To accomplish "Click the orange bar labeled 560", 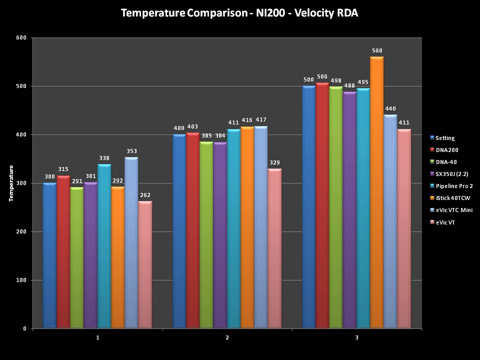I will [x=377, y=192].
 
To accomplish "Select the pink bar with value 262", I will [x=145, y=265].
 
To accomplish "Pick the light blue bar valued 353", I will [x=131, y=242].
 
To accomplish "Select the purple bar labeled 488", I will [x=349, y=210].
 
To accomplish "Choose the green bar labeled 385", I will [x=206, y=235].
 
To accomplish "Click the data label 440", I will [x=390, y=108].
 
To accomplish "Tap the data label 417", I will [x=261, y=119].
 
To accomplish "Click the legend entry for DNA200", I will [x=446, y=150].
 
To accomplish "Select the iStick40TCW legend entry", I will [x=452, y=198].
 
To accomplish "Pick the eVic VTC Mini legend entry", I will [x=453, y=210].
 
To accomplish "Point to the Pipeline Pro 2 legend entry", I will [x=454, y=186].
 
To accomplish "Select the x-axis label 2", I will [x=227, y=338].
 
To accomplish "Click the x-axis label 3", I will [x=356, y=338].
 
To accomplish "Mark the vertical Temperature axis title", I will [x=11, y=183].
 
